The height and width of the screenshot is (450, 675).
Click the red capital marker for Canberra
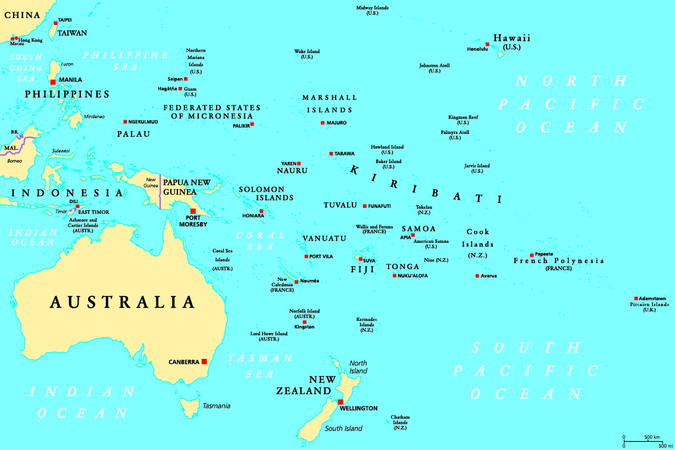pyautogui.click(x=204, y=361)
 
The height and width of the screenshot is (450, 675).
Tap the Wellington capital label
pyautogui.click(x=358, y=408)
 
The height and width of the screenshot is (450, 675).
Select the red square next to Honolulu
pyautogui.click(x=487, y=45)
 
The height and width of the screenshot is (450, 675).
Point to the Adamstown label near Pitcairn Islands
pyautogui.click(x=652, y=298)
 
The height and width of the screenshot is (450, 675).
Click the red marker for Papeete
pyautogui.click(x=532, y=255)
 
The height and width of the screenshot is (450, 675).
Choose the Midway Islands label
pyautogui.click(x=373, y=10)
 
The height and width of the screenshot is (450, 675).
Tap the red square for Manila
pyautogui.click(x=53, y=82)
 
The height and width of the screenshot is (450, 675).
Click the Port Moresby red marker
pyautogui.click(x=193, y=211)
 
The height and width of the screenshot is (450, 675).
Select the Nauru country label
pyautogui.click(x=292, y=171)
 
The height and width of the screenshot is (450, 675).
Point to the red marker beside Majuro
pyautogui.click(x=322, y=123)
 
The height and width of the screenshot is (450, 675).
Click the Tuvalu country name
pyautogui.click(x=340, y=205)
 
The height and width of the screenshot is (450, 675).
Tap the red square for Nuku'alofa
pyautogui.click(x=394, y=276)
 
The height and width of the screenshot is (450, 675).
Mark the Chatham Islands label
pyautogui.click(x=400, y=423)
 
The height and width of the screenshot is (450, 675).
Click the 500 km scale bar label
pyautogui.click(x=652, y=436)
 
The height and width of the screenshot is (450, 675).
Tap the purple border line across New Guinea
pyautogui.click(x=160, y=190)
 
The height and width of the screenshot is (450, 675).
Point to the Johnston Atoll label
pyautogui.click(x=435, y=68)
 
